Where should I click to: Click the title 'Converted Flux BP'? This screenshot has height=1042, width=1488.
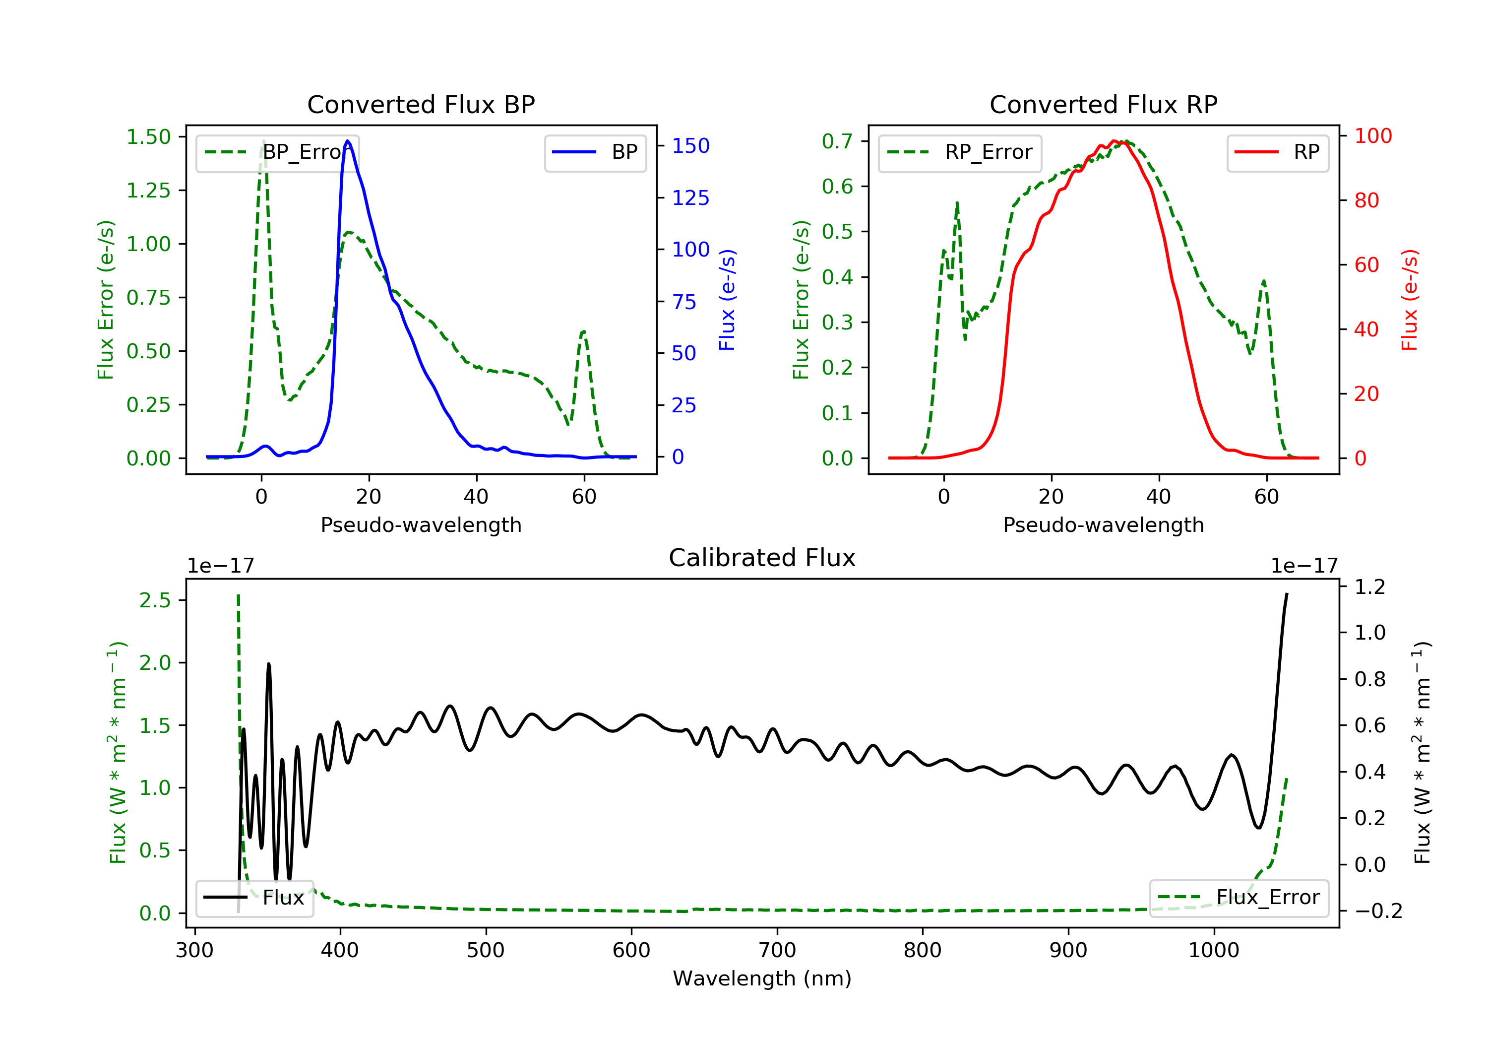(x=421, y=104)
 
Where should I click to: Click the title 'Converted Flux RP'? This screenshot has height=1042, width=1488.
(x=1103, y=104)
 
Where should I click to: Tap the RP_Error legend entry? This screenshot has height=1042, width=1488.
(x=960, y=152)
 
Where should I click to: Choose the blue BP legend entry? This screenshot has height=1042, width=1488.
(x=595, y=152)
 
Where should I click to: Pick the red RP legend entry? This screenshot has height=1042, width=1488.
(x=1277, y=152)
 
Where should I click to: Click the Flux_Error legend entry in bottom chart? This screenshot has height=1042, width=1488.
(x=1239, y=898)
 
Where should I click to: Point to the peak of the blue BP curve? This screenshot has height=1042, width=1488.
(x=348, y=141)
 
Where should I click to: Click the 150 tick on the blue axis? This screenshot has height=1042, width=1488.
(x=690, y=146)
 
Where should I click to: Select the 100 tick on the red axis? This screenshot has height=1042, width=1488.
(x=1372, y=136)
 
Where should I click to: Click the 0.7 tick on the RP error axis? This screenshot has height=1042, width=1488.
(x=837, y=141)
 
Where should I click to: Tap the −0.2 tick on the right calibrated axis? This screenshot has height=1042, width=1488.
(x=1378, y=911)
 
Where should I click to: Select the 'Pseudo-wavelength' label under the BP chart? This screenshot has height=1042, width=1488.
(x=421, y=524)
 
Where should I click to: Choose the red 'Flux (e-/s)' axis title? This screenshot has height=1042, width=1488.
(x=1410, y=300)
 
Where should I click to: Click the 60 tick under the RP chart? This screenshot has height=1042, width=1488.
(x=1266, y=497)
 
